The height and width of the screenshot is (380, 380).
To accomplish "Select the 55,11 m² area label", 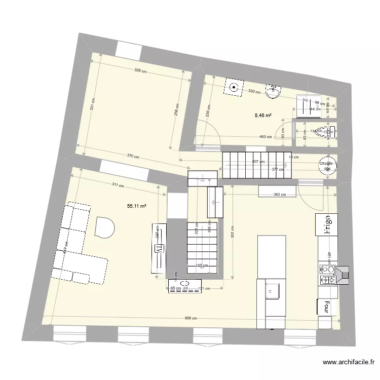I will pos(137,206).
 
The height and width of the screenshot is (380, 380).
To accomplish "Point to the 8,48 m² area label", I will pos(263,115).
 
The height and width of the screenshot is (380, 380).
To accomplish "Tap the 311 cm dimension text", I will pos(118,185).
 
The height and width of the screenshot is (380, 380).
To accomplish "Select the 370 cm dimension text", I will pos(132,156).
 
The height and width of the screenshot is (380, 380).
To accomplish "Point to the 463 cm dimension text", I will pos(265,136).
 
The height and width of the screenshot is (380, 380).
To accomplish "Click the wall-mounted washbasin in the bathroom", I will pos(274,91).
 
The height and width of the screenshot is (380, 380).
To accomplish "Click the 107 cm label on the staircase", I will pos(202,265).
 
